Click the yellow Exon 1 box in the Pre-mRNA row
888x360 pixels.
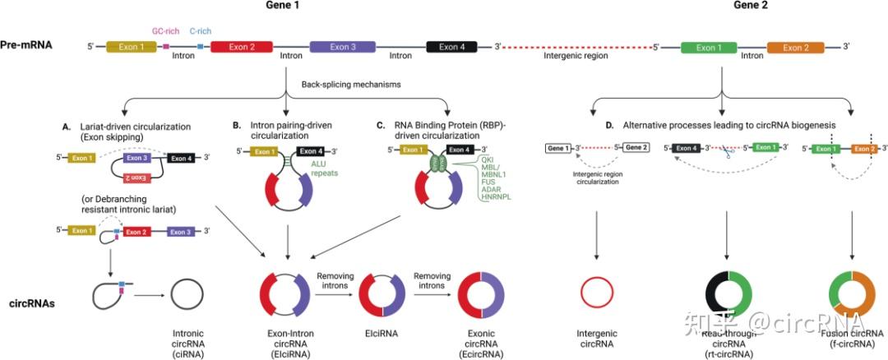pos(131,47)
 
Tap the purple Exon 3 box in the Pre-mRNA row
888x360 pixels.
pos(343,47)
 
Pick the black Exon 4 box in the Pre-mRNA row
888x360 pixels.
pos(451,47)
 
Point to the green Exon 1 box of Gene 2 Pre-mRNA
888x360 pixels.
pos(709,47)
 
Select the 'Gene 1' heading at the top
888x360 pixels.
pos(282,6)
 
